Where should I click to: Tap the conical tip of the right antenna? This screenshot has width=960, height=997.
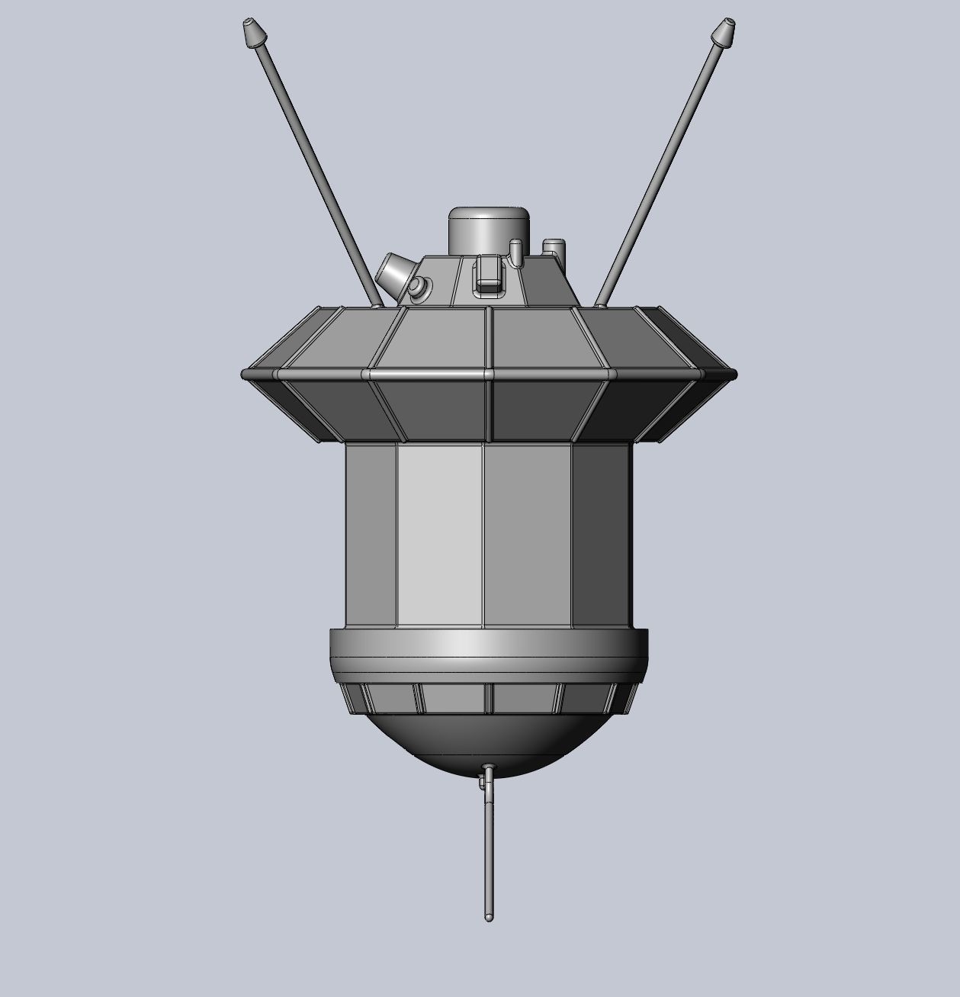(x=722, y=31)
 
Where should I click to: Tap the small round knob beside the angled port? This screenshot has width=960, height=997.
(x=418, y=287)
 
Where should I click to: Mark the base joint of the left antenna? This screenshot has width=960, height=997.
(x=377, y=304)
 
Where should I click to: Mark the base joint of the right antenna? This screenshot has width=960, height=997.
(x=600, y=304)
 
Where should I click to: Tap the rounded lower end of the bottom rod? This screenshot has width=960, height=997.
(x=488, y=916)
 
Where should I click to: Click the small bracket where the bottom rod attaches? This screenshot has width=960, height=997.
(x=483, y=780)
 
